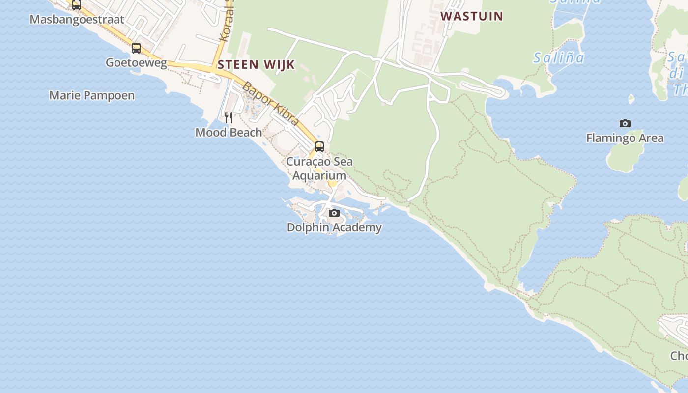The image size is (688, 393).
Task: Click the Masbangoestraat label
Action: [77, 20]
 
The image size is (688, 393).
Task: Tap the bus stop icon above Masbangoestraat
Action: [77, 5]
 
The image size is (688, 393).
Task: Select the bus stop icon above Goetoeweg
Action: [136, 48]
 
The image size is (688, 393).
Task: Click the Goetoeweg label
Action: [136, 63]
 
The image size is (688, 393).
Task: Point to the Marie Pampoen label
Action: [92, 95]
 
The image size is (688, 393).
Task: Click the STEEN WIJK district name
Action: [256, 64]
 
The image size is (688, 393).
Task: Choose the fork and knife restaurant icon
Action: [229, 117]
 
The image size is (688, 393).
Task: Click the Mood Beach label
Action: [229, 132]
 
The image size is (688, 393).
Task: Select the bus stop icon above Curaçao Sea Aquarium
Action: [319, 146]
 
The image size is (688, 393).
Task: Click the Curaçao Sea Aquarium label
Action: [319, 168]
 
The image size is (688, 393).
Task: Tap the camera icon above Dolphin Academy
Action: [334, 213]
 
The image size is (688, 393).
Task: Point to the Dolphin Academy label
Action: [334, 227]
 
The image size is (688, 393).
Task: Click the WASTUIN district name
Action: [472, 16]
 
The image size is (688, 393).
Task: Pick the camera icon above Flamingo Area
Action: [625, 123]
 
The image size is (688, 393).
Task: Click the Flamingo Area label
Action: [625, 138]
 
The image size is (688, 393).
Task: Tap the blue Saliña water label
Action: [559, 58]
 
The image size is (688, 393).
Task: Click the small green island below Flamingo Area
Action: [625, 157]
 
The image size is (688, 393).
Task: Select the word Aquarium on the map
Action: [319, 176]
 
